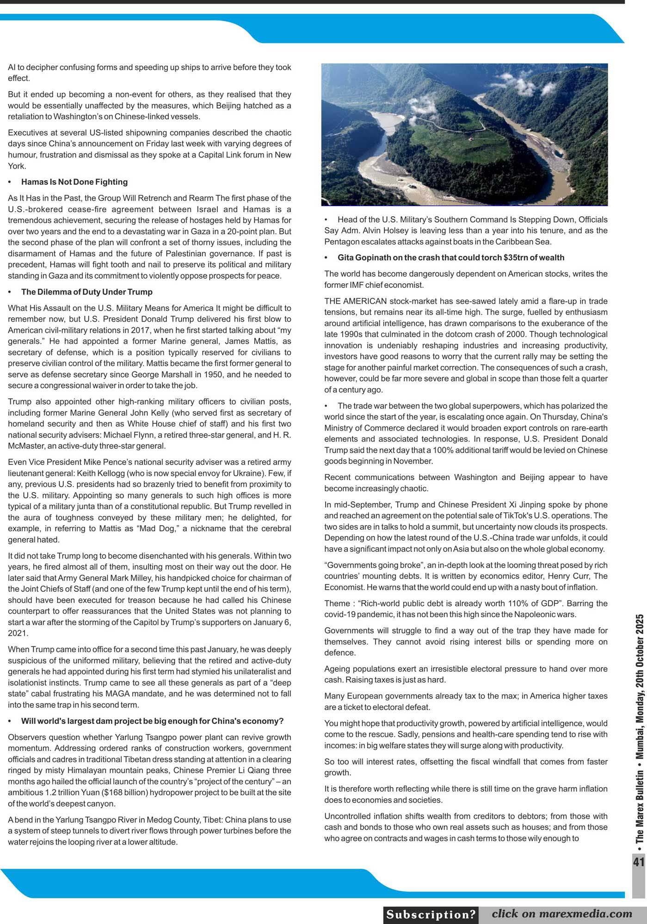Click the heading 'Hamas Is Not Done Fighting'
pyautogui.click(x=74, y=182)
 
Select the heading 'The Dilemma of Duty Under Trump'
pyautogui.click(x=86, y=292)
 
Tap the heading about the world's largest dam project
pyautogui.click(x=152, y=721)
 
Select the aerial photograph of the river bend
pyautogui.click(x=464, y=134)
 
